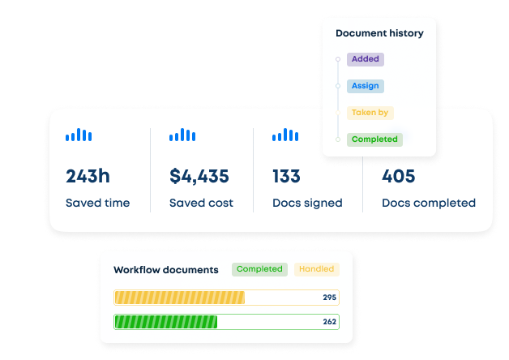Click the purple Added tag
pyautogui.click(x=365, y=59)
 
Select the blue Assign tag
pyautogui.click(x=365, y=86)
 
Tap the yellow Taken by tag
pyautogui.click(x=370, y=114)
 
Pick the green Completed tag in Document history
pyautogui.click(x=374, y=139)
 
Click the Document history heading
pyautogui.click(x=379, y=34)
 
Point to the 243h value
pyautogui.click(x=88, y=176)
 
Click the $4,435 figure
pyautogui.click(x=199, y=176)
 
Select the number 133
pyautogui.click(x=287, y=176)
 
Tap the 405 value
pyautogui.click(x=398, y=176)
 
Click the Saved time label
pyautogui.click(x=97, y=203)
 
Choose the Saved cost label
pyautogui.click(x=201, y=203)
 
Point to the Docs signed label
pyautogui.click(x=307, y=203)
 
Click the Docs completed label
pyautogui.click(x=429, y=203)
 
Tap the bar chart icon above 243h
pyautogui.click(x=79, y=135)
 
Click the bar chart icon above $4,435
pyautogui.click(x=182, y=135)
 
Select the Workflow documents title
pyautogui.click(x=166, y=270)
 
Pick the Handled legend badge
pyautogui.click(x=316, y=269)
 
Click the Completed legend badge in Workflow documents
pyautogui.click(x=259, y=269)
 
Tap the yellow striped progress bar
pyautogui.click(x=179, y=298)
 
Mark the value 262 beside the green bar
pyautogui.click(x=329, y=322)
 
